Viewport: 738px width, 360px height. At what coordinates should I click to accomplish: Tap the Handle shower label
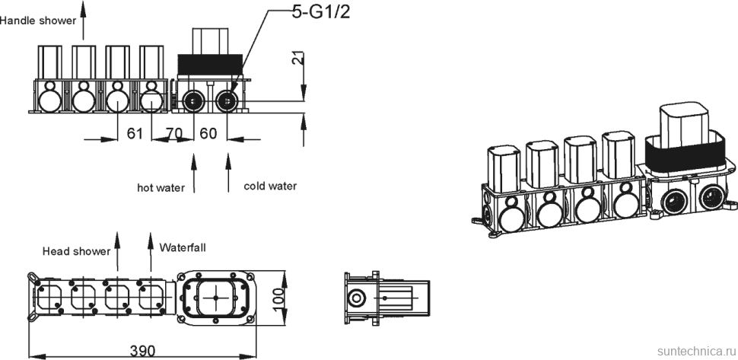(x=38, y=21)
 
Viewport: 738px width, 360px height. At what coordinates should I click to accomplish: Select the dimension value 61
(x=135, y=134)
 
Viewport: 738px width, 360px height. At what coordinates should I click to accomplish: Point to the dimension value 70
(x=174, y=134)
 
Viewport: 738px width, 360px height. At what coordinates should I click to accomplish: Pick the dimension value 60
(x=208, y=134)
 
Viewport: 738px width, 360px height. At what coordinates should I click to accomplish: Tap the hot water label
(x=161, y=187)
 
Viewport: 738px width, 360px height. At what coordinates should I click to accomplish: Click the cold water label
(x=270, y=186)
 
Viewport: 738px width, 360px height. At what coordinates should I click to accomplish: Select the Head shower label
(x=76, y=250)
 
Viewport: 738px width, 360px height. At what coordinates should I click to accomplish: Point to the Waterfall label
(x=183, y=247)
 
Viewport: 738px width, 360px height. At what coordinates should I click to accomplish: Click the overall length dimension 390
(x=142, y=350)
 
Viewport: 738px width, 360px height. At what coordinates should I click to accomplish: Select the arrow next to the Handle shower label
(x=84, y=19)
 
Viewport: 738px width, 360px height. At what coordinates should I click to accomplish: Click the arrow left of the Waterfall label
(x=150, y=250)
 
